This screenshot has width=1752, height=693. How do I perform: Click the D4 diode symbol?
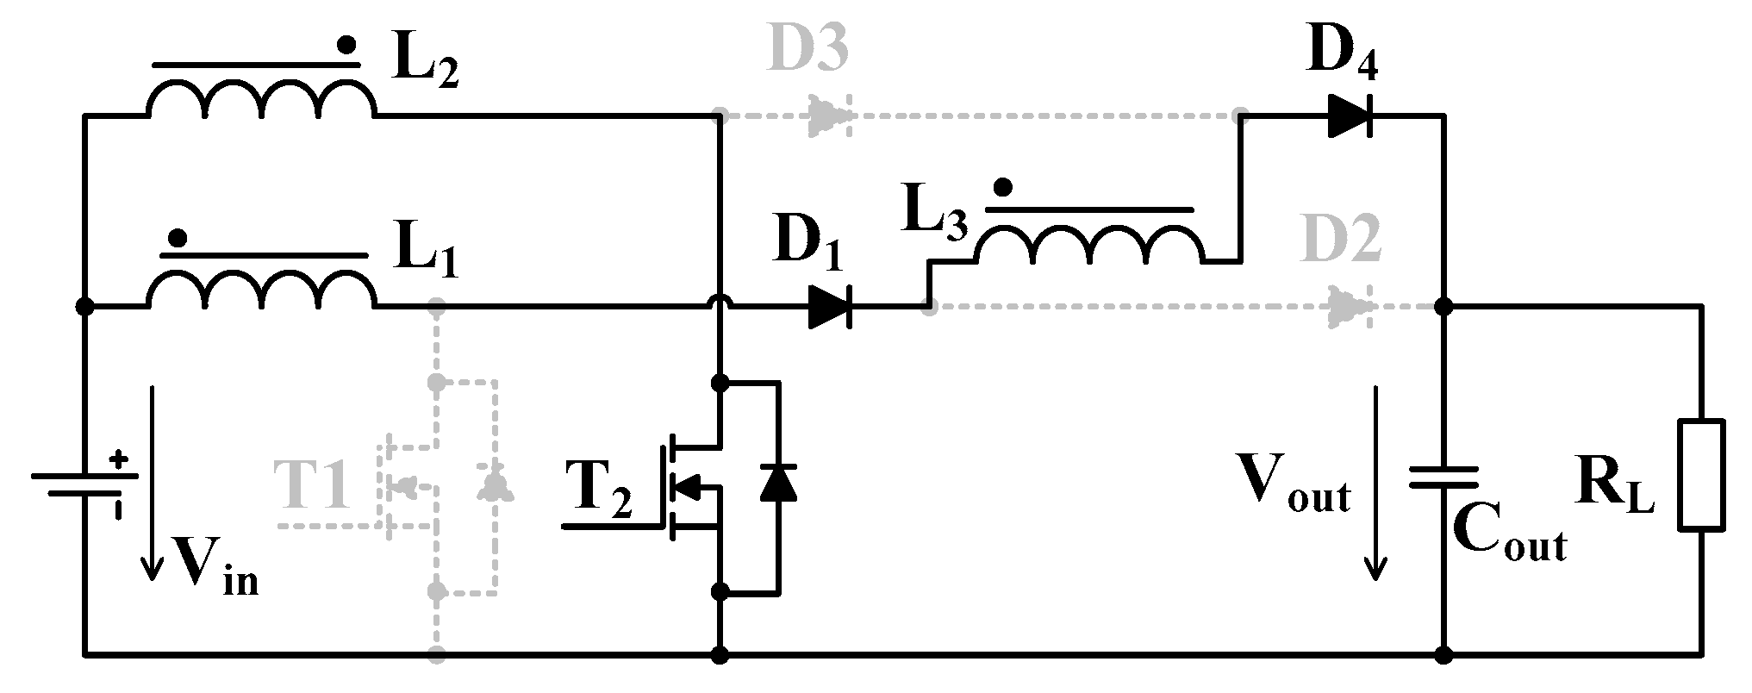pyautogui.click(x=1349, y=115)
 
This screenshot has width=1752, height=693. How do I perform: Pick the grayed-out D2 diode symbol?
pyautogui.click(x=1350, y=307)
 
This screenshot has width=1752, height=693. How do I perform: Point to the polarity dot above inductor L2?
pyautogui.click(x=346, y=45)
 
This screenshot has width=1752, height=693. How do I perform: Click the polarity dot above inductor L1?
pyautogui.click(x=178, y=236)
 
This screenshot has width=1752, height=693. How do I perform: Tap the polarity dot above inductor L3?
pyautogui.click(x=1002, y=187)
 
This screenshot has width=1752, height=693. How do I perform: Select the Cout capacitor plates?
pyautogui.click(x=1443, y=478)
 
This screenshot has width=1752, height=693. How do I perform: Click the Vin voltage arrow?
pyautogui.click(x=153, y=483)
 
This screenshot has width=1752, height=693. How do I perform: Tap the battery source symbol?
pyautogui.click(x=84, y=484)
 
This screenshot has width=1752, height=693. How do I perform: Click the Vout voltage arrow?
pyautogui.click(x=1375, y=483)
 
